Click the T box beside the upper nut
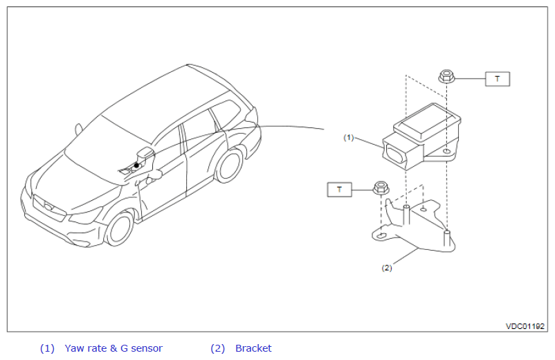pos(498,79)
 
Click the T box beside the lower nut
pos(340,190)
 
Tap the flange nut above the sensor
pos(446,76)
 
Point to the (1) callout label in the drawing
pos(349,137)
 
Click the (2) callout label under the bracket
pos(387,268)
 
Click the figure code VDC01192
pos(525,326)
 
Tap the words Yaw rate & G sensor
pos(113,348)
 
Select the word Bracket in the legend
pos(253,348)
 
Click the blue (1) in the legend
pos(47,349)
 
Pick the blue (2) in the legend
pos(218,349)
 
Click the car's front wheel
pos(120,228)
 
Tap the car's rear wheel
pos(230,165)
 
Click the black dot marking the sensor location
pos(136,165)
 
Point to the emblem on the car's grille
pos(48,207)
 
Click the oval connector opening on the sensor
pos(394,155)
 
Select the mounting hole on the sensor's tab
pos(447,152)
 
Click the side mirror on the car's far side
pos(78,129)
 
